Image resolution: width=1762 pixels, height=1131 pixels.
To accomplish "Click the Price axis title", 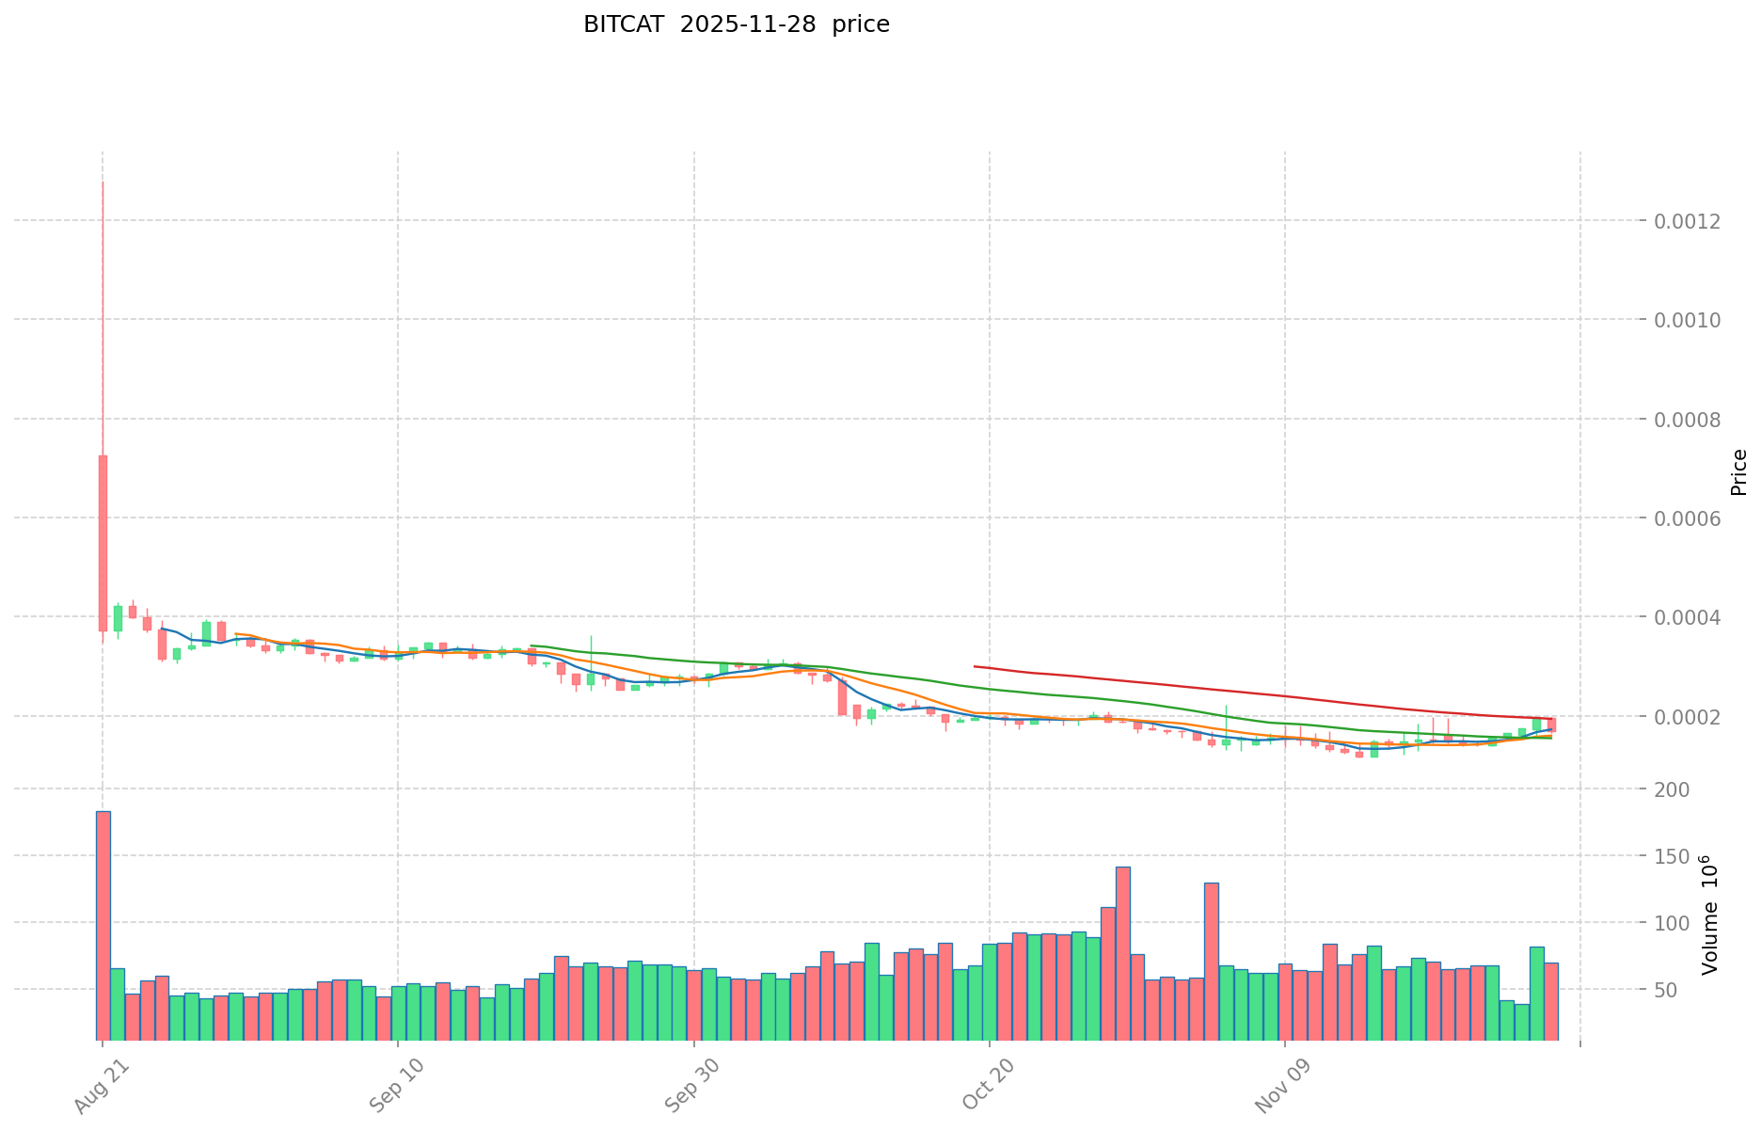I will point(1738,472).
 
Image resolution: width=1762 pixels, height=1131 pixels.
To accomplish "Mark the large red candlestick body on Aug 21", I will point(103,543).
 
